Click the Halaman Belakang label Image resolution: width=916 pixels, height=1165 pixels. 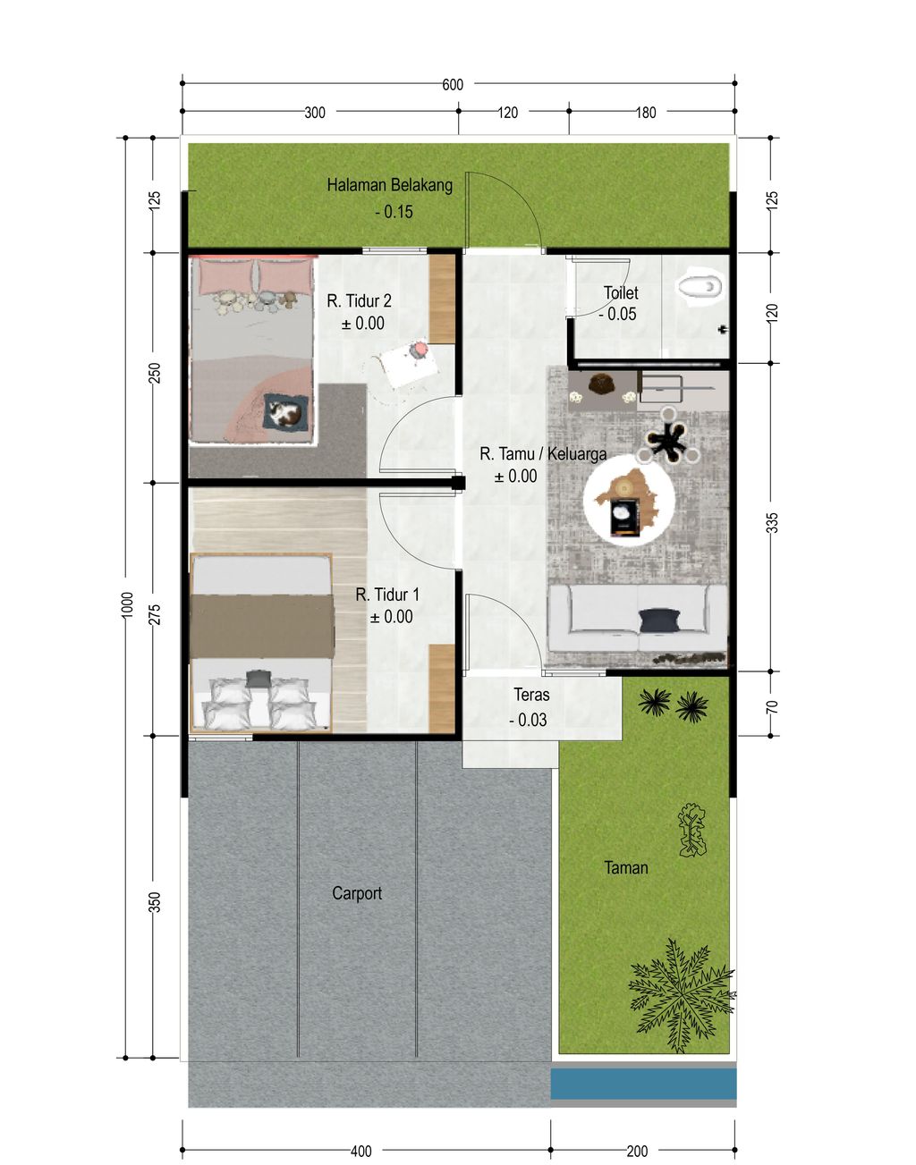point(390,185)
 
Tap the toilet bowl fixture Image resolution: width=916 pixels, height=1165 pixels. point(701,288)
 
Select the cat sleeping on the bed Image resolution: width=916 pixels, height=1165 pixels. point(284,414)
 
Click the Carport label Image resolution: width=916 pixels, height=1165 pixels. point(357,894)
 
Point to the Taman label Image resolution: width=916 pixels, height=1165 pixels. point(626,867)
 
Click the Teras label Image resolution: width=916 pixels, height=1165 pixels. point(531,695)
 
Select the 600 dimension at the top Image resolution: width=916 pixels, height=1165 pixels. point(453,85)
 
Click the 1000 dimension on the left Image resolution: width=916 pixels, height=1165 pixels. point(127,604)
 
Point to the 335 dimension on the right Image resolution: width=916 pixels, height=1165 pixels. point(772,523)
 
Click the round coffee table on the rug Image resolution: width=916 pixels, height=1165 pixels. point(629,501)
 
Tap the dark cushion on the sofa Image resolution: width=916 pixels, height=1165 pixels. point(660,620)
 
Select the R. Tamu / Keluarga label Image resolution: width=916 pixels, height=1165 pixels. point(543,454)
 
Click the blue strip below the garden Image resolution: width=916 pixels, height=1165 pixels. point(643,1084)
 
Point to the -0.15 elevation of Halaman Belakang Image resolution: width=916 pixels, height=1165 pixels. point(394,212)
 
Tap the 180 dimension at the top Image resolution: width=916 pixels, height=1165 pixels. point(646,113)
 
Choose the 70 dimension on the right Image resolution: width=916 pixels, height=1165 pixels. point(772,707)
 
